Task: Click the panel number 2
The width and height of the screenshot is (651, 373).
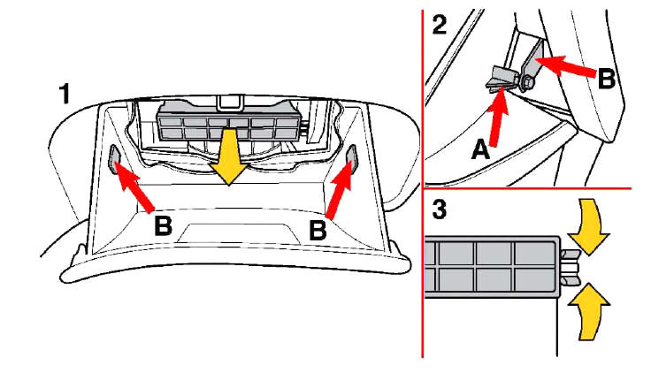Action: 439,24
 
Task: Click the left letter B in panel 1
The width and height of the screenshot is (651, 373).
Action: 162,225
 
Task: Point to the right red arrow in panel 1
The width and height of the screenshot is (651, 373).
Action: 339,186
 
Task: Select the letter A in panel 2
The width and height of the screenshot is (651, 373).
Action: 480,150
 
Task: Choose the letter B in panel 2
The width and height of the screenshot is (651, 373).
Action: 606,79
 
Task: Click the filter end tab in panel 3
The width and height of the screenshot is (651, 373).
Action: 570,264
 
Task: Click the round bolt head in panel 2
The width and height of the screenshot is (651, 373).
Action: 528,84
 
